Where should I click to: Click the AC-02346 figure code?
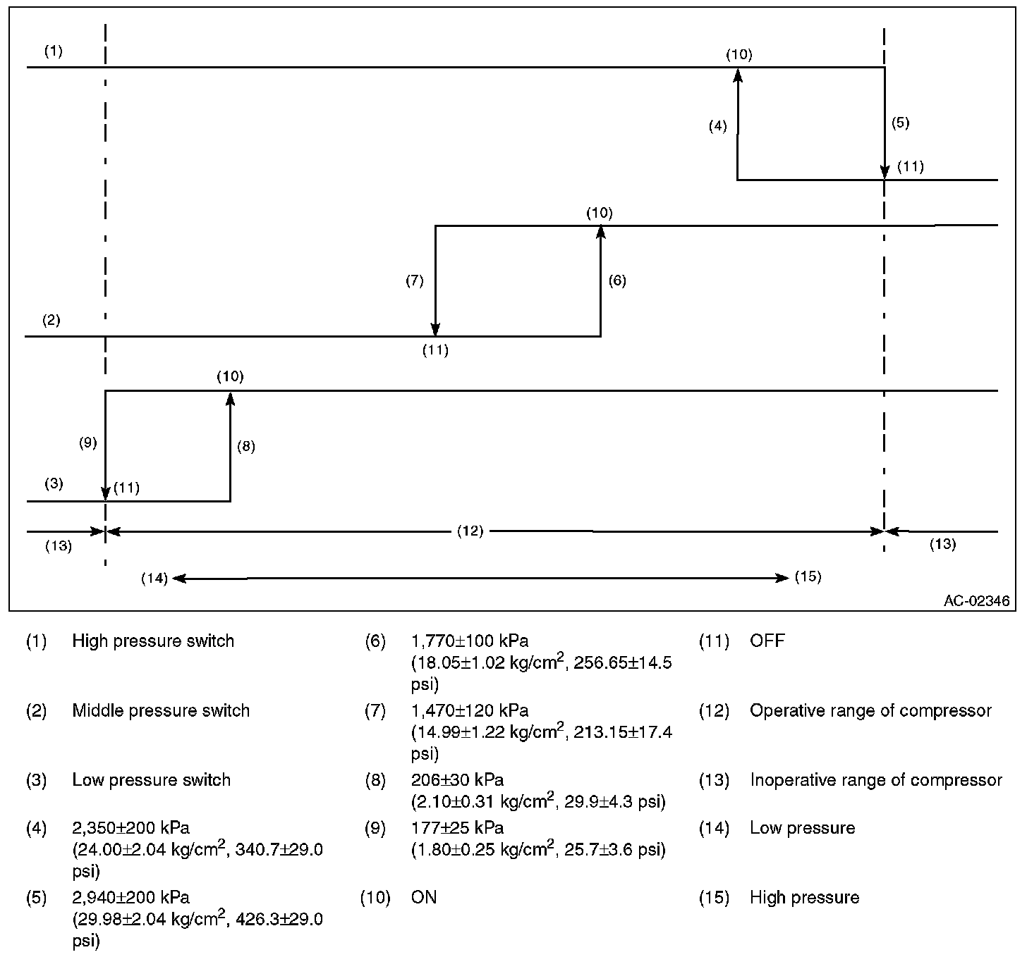pos(976,601)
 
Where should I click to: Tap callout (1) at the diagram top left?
pos(53,51)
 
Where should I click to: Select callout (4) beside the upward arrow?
pos(717,127)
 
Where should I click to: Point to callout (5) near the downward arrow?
pos(900,123)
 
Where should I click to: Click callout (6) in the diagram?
pos(616,280)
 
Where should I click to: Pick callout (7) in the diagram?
pos(414,280)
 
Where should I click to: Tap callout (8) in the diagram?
pos(245,446)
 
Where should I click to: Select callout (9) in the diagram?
pos(87,443)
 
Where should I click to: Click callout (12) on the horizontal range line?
pos(470,531)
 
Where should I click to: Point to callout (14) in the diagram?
pos(154,579)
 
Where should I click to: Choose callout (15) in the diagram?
pos(808,576)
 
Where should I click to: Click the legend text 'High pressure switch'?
pos(153,641)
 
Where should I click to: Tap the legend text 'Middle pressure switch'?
pos(161,710)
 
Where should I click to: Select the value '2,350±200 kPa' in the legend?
pos(130,827)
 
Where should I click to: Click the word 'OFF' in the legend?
pos(767,641)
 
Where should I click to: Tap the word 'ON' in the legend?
pos(423,897)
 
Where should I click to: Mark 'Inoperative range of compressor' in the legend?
pos(875,780)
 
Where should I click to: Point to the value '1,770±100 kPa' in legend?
pos(469,641)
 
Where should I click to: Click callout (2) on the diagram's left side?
pos(51,321)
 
